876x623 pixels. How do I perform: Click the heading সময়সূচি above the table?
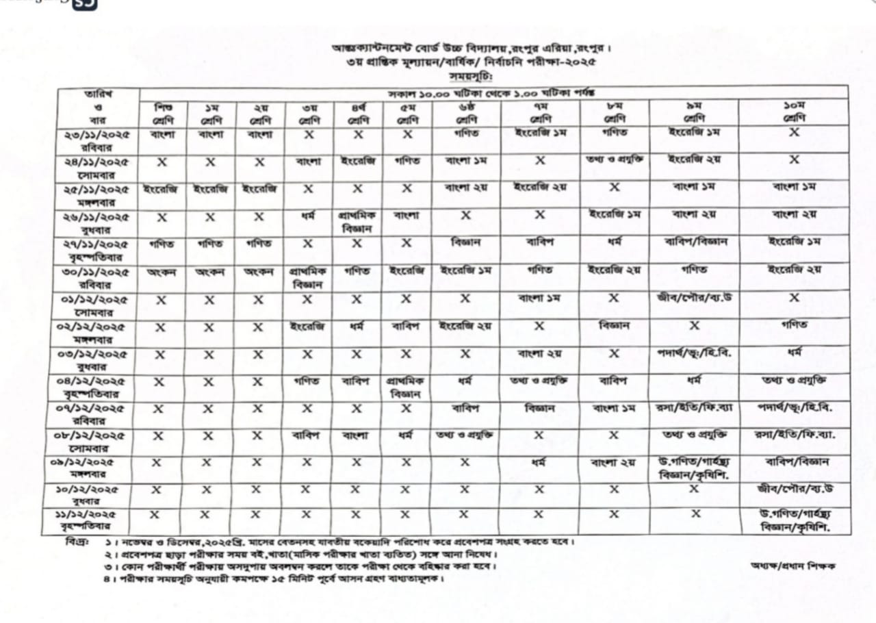coord(465,77)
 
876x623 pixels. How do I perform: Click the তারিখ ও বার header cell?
coord(98,107)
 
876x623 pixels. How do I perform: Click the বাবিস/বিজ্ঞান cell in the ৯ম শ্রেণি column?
coord(693,241)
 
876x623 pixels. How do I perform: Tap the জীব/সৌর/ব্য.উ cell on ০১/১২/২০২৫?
coord(693,298)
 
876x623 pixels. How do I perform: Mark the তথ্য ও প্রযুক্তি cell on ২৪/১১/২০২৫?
coord(615,160)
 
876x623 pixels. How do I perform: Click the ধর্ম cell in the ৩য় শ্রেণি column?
coord(308,215)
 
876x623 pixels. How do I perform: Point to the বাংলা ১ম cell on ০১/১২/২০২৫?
coord(539,298)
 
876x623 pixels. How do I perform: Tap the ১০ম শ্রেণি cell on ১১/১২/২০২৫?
coord(794,520)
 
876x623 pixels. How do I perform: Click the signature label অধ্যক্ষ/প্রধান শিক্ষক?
coord(793,565)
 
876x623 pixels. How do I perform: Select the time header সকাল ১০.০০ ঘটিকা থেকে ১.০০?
coord(493,92)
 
